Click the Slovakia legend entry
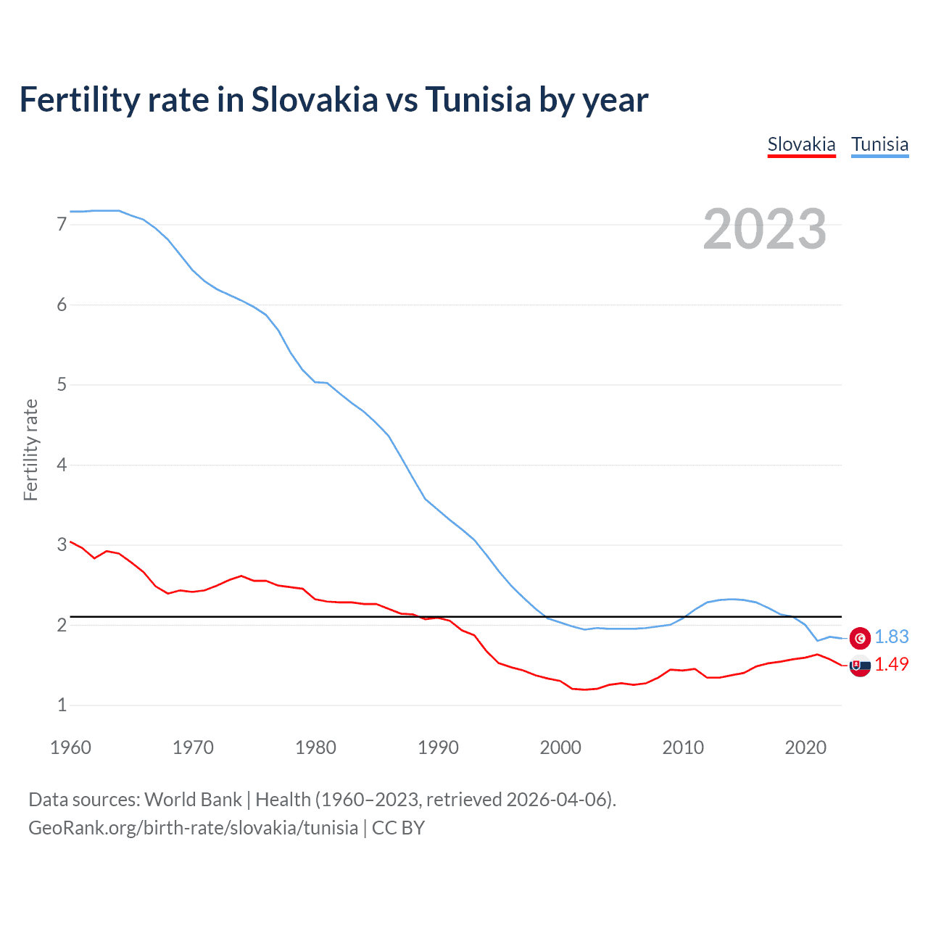point(801,144)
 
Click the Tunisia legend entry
point(879,144)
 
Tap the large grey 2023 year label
point(764,229)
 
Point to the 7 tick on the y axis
point(62,225)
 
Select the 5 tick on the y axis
point(62,385)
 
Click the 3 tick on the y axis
point(62,544)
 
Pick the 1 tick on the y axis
point(62,705)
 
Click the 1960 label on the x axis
point(70,747)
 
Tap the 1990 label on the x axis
point(438,747)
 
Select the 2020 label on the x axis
point(805,747)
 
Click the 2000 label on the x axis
point(560,747)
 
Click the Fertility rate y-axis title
point(30,449)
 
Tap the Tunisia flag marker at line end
point(860,637)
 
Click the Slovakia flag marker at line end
point(860,666)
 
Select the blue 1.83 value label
point(891,637)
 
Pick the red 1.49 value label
point(891,664)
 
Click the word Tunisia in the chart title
point(478,99)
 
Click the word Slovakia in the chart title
point(315,99)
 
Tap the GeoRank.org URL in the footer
point(193,828)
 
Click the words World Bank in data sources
point(193,800)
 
